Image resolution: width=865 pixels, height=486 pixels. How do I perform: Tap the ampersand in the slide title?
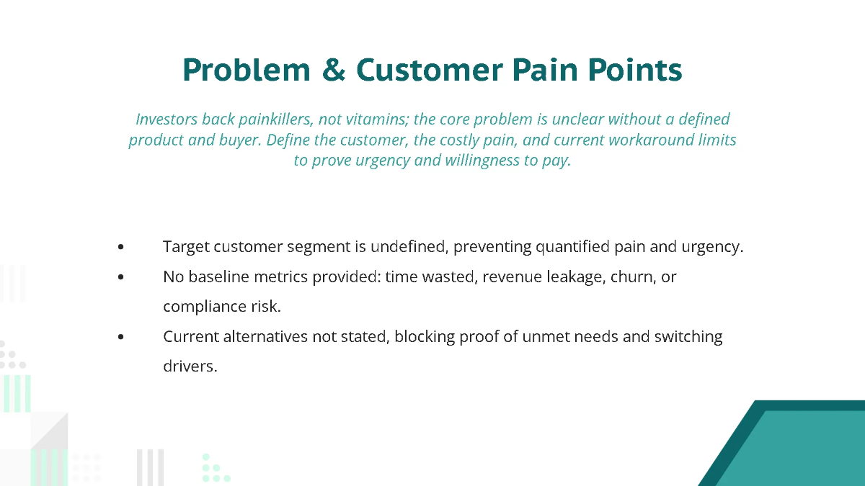point(334,70)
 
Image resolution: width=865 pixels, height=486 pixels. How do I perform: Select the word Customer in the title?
point(430,70)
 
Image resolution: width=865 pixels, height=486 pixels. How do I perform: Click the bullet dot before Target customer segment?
point(120,247)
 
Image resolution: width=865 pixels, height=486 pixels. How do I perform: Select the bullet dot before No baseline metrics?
point(120,277)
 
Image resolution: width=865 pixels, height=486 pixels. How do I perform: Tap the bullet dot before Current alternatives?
point(120,337)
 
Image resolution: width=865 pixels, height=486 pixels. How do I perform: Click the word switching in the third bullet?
point(688,337)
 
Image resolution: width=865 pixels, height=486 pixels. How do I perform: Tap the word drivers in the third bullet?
point(190,366)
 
